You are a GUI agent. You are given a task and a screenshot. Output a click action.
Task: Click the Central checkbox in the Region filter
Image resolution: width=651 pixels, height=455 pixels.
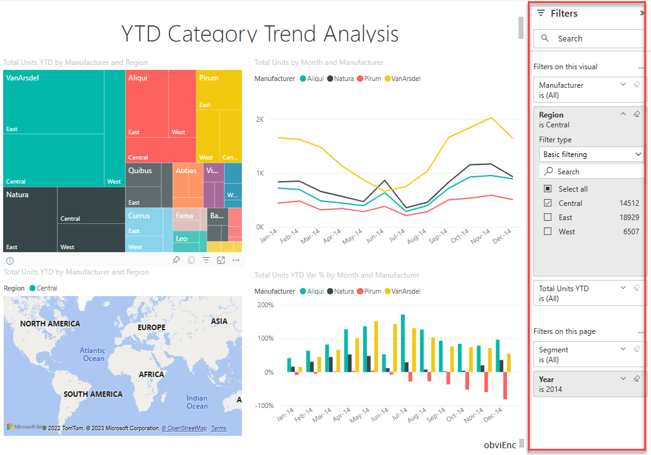tap(548, 203)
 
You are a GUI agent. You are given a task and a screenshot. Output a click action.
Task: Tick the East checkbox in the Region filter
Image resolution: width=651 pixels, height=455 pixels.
tap(548, 217)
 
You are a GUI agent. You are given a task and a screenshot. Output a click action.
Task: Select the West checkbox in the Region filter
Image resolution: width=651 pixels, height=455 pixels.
tap(548, 232)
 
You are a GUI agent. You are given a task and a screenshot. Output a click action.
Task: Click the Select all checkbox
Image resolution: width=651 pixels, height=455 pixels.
tap(548, 189)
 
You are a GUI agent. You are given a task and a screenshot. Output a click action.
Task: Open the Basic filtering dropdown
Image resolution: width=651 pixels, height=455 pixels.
tap(592, 155)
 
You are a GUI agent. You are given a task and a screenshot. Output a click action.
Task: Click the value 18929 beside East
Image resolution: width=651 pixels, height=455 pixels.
tap(629, 218)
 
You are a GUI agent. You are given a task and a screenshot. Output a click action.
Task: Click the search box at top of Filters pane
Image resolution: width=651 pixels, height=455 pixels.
tap(589, 38)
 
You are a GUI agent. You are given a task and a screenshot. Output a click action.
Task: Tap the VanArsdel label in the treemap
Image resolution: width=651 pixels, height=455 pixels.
tap(22, 79)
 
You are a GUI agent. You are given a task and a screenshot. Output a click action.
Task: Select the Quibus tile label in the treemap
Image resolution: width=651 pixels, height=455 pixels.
tap(140, 171)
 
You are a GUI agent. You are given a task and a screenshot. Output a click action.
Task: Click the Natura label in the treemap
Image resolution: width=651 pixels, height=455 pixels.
tap(17, 195)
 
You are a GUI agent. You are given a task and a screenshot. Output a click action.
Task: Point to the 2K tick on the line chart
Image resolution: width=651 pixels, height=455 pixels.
tap(260, 119)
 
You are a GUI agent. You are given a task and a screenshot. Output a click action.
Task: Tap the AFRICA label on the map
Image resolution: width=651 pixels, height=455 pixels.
tap(151, 375)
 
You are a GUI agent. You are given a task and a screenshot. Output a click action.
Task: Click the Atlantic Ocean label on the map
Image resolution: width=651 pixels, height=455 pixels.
tap(93, 354)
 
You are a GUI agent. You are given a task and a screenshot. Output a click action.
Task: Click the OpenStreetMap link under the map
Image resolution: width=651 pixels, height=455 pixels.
tap(184, 428)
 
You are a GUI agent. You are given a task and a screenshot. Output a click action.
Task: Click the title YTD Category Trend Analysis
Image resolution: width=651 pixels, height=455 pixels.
tap(260, 33)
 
